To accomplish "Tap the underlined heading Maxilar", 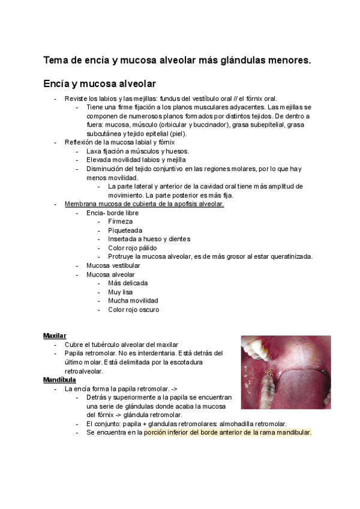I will pyautogui.click(x=55, y=336).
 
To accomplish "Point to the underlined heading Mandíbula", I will pyautogui.click(x=59, y=380).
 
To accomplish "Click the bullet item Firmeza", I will pyautogui.click(x=121, y=221).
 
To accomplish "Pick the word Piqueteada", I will pyautogui.click(x=125, y=230).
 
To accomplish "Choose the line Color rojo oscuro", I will pyautogui.click(x=134, y=310).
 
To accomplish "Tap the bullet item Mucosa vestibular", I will pyautogui.click(x=113, y=265).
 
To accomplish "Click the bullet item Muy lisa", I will pyautogui.click(x=121, y=292).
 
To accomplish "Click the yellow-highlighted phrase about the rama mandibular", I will pyautogui.click(x=228, y=432).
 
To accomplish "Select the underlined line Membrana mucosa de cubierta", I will pyautogui.click(x=144, y=204).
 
